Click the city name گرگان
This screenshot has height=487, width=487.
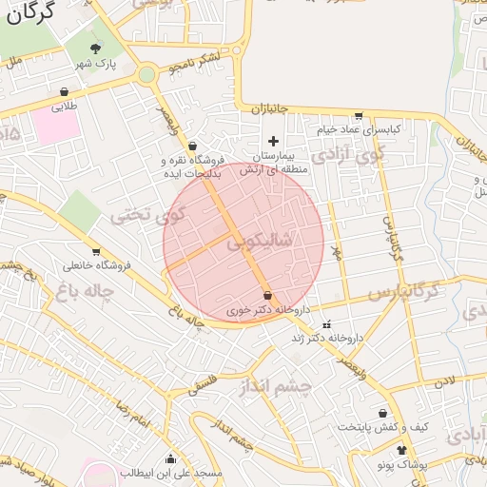29,12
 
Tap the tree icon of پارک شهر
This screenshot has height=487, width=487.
95,48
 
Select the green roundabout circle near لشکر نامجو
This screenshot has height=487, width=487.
146,74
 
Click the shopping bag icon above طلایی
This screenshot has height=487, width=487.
64,92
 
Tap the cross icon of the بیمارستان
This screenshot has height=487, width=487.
274,140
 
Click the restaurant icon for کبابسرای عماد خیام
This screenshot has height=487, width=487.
358,116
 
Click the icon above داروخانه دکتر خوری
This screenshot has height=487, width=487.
267,295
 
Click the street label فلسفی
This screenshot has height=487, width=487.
203,383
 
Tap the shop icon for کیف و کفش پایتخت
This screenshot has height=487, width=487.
383,414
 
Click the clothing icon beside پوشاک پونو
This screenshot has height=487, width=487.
401,449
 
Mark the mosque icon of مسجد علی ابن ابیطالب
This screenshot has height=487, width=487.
170,458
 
